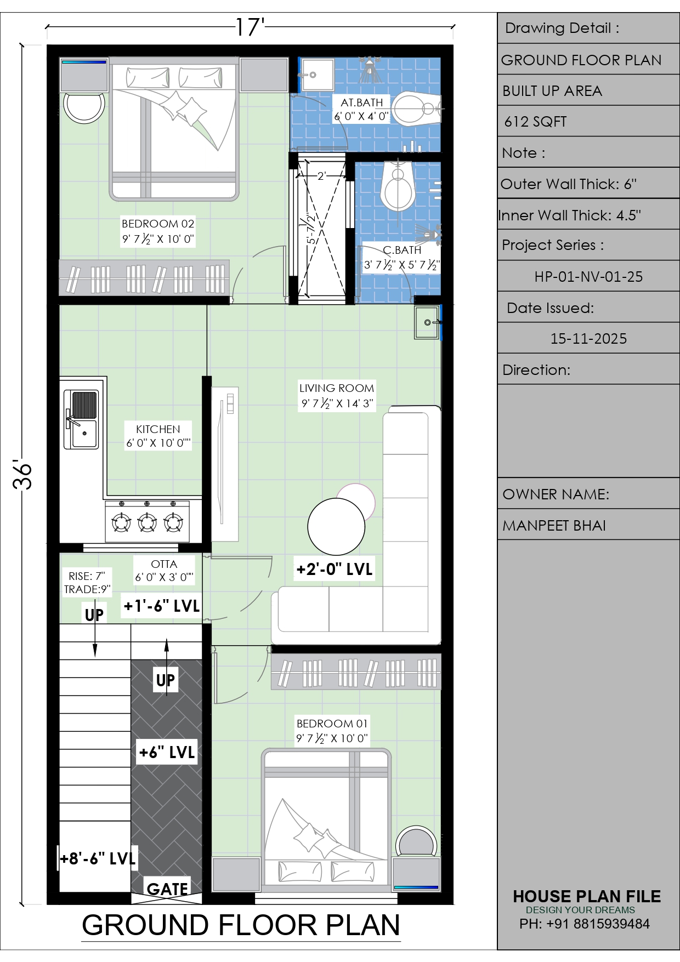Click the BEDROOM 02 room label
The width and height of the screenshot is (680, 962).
click(x=158, y=224)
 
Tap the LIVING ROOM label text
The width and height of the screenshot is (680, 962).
click(x=337, y=388)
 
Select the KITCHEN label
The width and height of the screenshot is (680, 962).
click(x=158, y=429)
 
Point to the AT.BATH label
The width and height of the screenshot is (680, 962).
click(x=362, y=103)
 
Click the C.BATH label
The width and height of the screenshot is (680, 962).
click(x=402, y=250)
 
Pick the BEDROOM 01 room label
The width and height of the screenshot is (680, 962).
click(x=332, y=724)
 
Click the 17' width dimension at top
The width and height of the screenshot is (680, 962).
click(x=250, y=27)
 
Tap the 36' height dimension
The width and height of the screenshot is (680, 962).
click(x=23, y=475)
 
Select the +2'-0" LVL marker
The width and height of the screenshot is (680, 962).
click(x=335, y=569)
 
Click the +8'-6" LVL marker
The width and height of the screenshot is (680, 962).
click(x=98, y=858)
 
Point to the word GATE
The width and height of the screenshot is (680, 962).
click(x=167, y=889)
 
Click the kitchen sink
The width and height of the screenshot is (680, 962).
click(x=81, y=419)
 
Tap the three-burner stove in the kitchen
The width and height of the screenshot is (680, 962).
click(x=147, y=521)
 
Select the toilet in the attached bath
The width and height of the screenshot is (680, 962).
click(x=417, y=109)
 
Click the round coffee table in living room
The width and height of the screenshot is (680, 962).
click(x=336, y=526)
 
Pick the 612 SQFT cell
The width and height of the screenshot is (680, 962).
click(x=535, y=122)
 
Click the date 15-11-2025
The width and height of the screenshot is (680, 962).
click(x=588, y=339)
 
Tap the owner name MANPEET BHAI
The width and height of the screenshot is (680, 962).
click(x=554, y=526)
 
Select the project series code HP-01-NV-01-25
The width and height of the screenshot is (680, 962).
click(x=588, y=277)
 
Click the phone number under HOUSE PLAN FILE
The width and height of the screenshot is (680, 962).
click(x=585, y=924)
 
